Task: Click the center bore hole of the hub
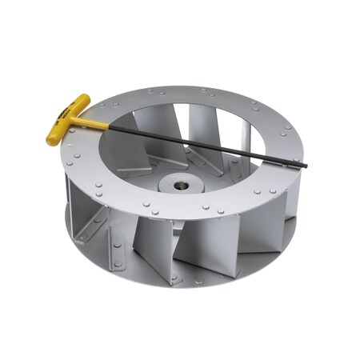point(183,186)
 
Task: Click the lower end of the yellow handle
point(54,139)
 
